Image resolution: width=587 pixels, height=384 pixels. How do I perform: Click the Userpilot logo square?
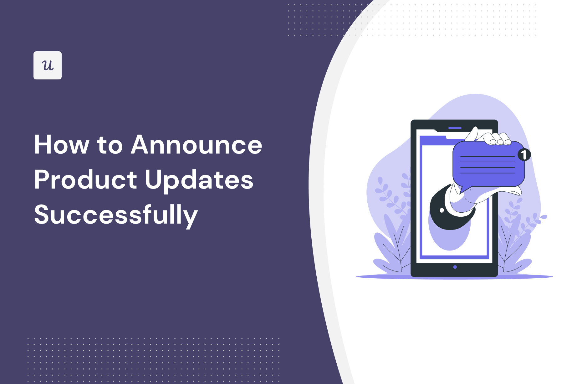pos(48,65)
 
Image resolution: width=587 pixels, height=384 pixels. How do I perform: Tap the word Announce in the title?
pos(197,145)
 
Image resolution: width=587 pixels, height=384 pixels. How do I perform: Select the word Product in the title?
pos(85,180)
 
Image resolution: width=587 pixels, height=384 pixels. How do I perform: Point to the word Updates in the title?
pos(199,180)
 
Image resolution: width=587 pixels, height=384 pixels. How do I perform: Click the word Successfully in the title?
pos(116,215)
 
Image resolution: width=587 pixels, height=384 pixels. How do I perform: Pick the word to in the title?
pos(110,145)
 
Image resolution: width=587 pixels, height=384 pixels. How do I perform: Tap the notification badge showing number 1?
pos(524,154)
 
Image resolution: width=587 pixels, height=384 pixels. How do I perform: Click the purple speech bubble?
pos(488,164)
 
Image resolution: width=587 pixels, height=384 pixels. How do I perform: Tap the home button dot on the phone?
pos(455,267)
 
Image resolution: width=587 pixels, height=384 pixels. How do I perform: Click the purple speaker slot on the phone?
pos(455,128)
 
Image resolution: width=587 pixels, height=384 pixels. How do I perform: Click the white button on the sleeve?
pos(442,210)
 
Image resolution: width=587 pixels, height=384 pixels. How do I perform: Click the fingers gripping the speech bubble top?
pos(499,139)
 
